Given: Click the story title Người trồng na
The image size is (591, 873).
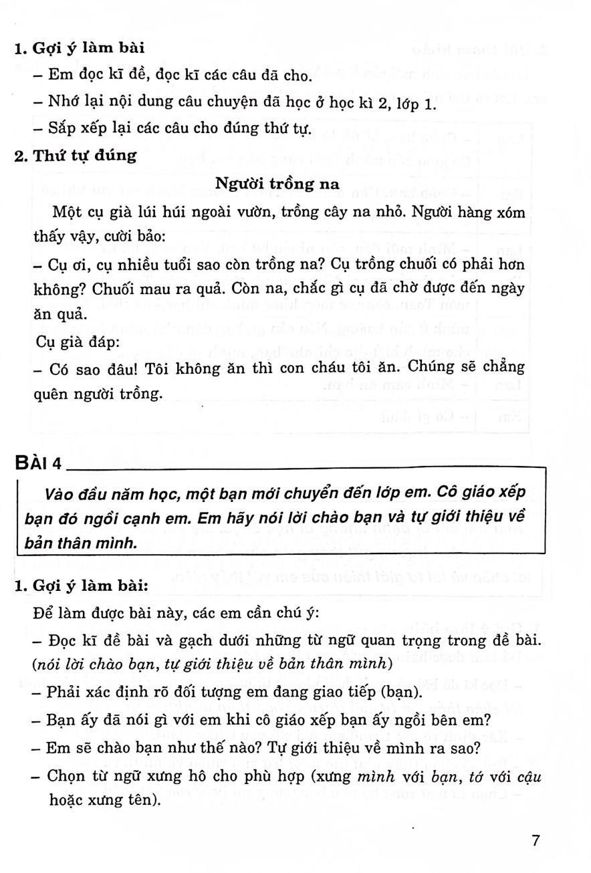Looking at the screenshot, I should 278,182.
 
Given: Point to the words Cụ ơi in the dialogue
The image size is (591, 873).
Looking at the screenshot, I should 66,264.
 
